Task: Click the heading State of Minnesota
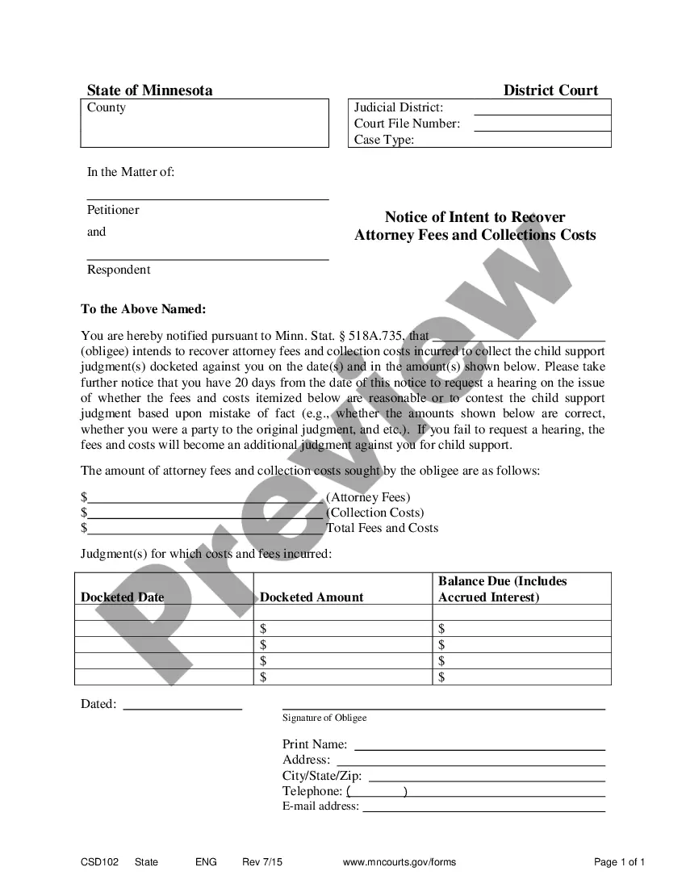point(150,90)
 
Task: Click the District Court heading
point(550,90)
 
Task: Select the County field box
point(205,124)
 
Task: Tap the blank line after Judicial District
point(542,113)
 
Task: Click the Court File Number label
point(407,124)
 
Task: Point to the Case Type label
point(384,140)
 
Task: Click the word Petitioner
point(113,210)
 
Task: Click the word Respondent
point(119,270)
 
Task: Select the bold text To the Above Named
point(144,309)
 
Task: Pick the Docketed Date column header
point(123,597)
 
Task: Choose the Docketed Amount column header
point(312,597)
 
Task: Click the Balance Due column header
point(502,589)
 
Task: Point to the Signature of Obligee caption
point(324,718)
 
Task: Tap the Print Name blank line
point(479,748)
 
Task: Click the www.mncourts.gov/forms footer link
point(399,862)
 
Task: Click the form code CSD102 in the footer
point(99,862)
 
